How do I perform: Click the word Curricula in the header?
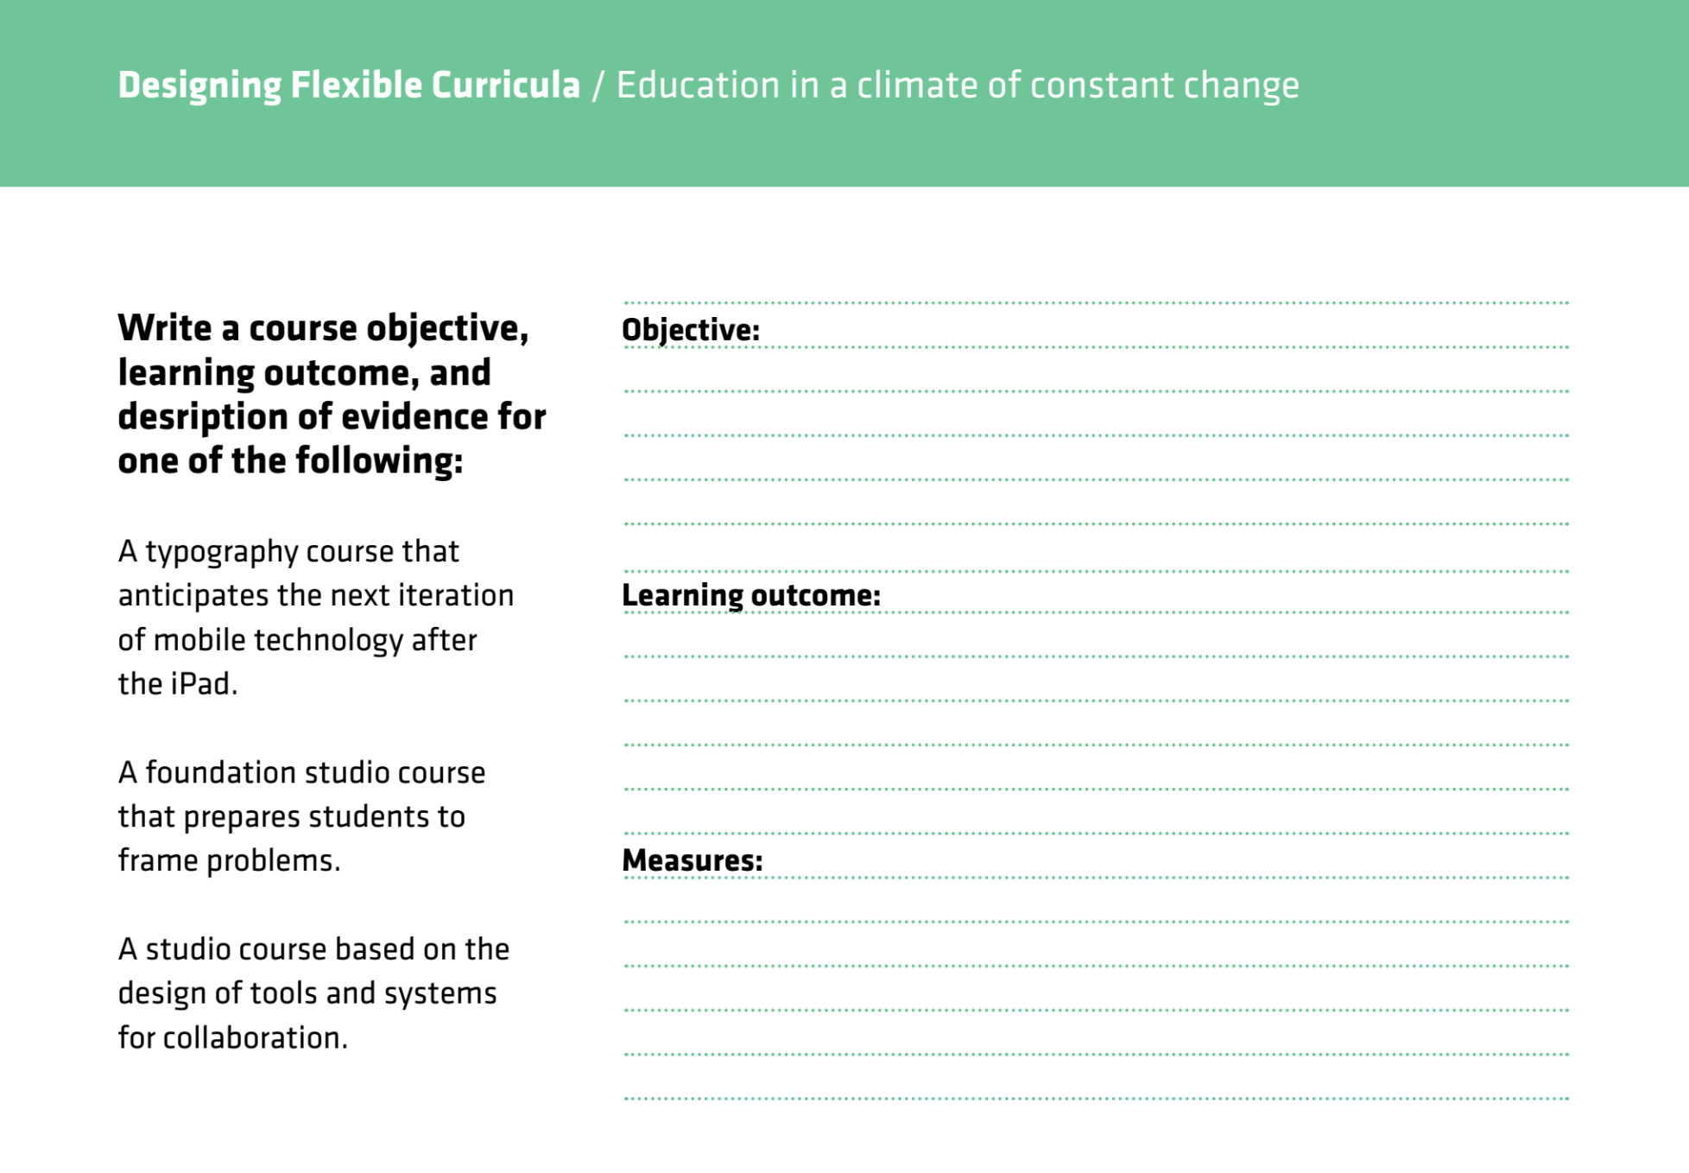505,86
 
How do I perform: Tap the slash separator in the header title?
598,86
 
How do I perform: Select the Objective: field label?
691,330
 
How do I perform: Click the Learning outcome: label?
751,595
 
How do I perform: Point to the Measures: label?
693,860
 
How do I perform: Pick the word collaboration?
255,1038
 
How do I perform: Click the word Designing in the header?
199,86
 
